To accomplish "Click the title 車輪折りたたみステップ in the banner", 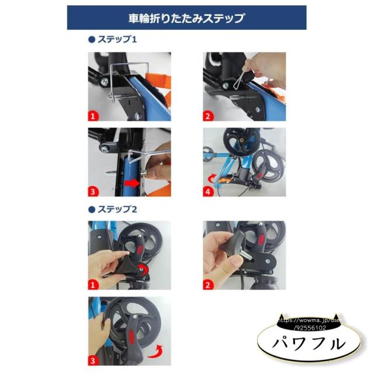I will coord(187,18).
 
